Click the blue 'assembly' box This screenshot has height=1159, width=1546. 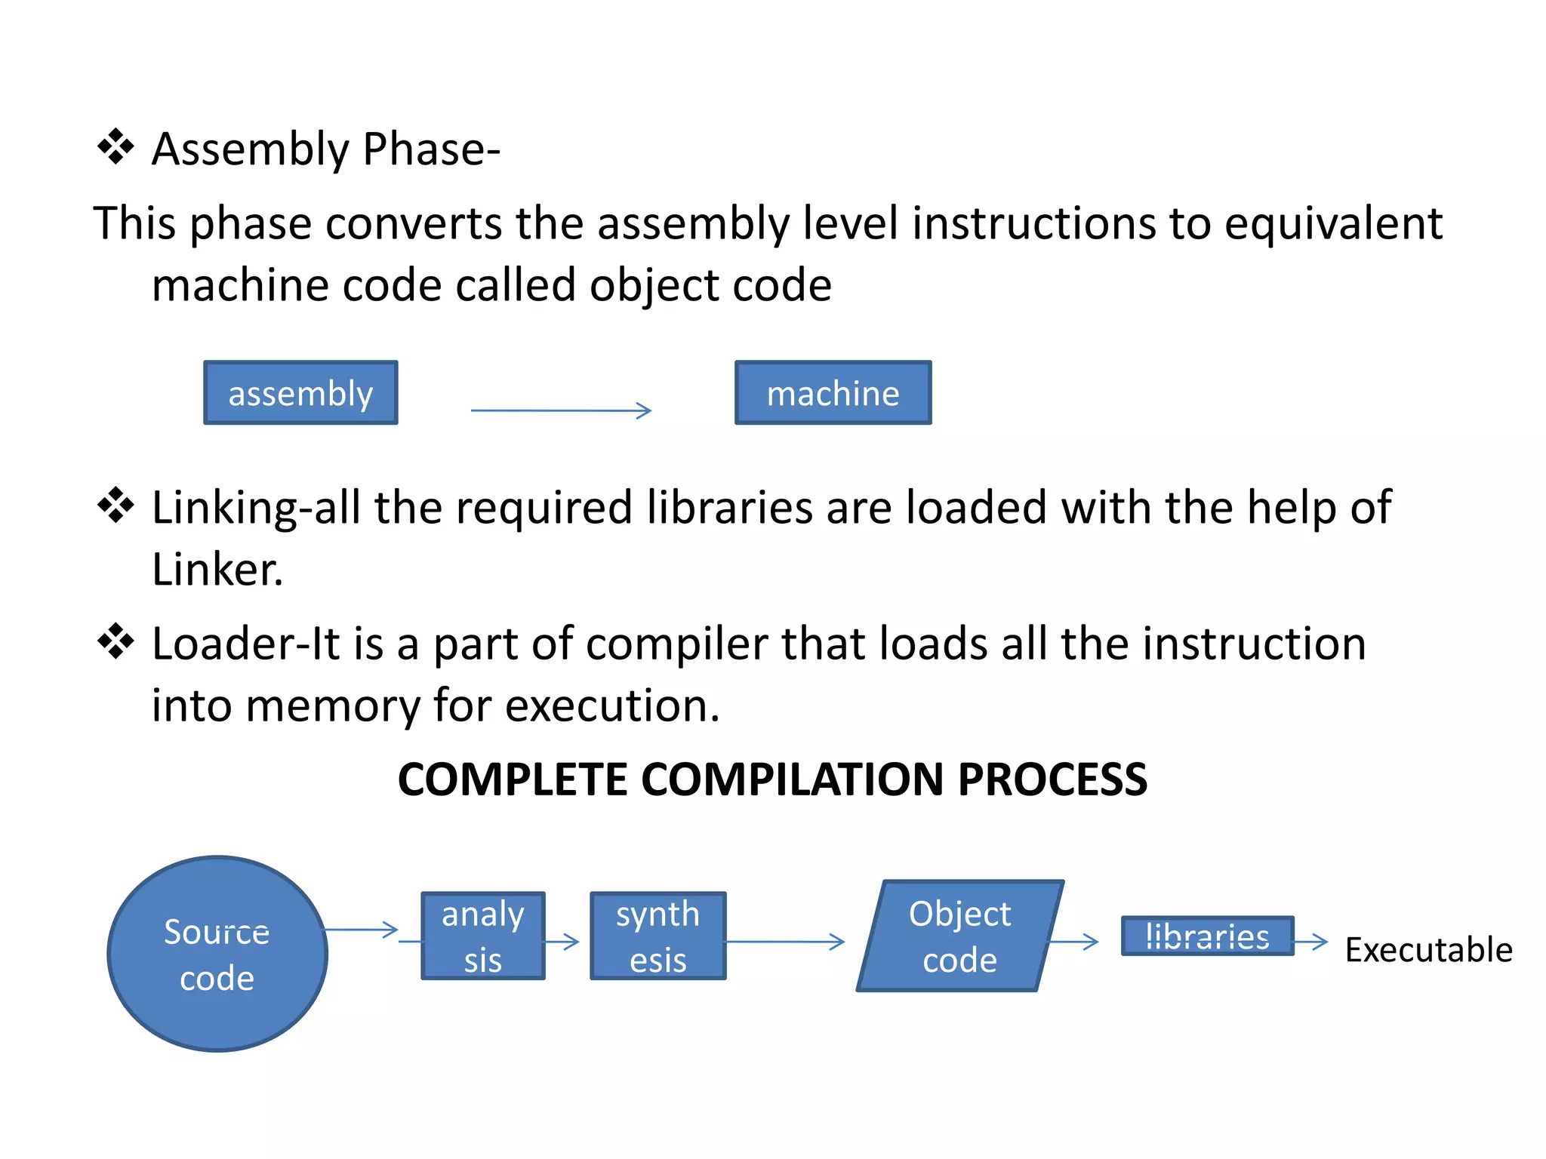(x=300, y=392)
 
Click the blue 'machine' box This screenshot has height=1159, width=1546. (x=833, y=392)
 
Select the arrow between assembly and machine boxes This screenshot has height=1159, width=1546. (x=560, y=410)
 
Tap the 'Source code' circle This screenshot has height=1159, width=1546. (x=217, y=954)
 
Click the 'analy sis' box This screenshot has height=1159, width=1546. (x=483, y=936)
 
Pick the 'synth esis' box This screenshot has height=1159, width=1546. (x=658, y=936)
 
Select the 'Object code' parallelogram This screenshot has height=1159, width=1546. (x=959, y=936)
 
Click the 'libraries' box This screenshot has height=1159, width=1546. (x=1206, y=936)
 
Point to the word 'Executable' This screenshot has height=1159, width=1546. (x=1428, y=949)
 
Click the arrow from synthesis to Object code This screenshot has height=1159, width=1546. (x=785, y=941)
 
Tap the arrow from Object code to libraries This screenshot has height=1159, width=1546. (x=1073, y=941)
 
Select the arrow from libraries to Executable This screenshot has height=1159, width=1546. (x=1311, y=941)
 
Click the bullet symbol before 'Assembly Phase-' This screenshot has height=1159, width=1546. (x=115, y=146)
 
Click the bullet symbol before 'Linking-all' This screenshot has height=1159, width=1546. (x=115, y=505)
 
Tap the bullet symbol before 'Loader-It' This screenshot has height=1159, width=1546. (x=115, y=641)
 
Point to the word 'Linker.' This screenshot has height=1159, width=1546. (x=217, y=569)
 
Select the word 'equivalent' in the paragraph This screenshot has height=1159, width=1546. (x=1333, y=223)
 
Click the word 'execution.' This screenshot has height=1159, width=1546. (x=611, y=706)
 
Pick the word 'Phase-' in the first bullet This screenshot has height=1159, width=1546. (x=431, y=149)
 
